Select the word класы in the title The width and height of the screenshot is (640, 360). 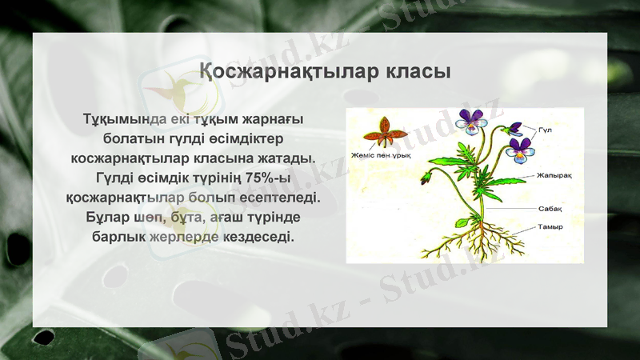coord(417,71)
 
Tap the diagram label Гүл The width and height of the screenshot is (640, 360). coord(546,130)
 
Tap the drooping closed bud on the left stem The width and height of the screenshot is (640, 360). coord(430,176)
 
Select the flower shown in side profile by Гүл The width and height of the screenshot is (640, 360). coord(514,128)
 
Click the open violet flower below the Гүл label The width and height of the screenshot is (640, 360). coord(520,150)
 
